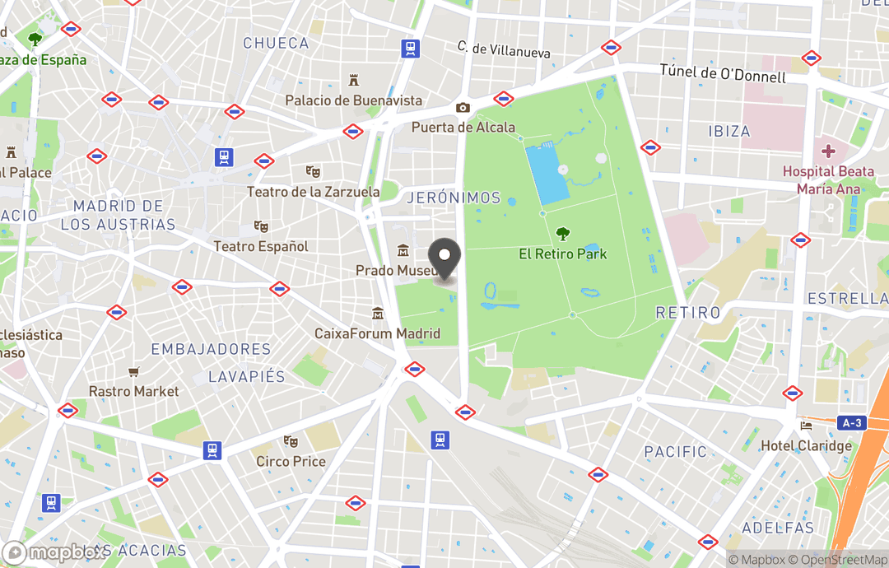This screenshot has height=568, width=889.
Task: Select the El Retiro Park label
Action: (x=563, y=254)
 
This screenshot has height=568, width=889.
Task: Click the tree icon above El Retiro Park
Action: (x=563, y=234)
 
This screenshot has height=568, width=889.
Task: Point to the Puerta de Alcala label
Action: (x=463, y=127)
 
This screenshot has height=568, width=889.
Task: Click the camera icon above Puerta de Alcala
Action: (x=463, y=108)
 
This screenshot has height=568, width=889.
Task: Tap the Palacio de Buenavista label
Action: (x=353, y=100)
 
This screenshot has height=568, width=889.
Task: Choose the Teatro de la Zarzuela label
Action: (x=313, y=192)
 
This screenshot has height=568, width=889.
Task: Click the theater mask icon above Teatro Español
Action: (x=261, y=226)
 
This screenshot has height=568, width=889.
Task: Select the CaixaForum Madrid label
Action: (x=377, y=333)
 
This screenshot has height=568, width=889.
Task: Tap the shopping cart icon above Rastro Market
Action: (x=133, y=372)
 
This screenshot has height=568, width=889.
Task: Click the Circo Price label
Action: (x=291, y=461)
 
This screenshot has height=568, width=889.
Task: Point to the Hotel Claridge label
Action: (x=806, y=445)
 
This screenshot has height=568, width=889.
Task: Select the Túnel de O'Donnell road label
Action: (x=723, y=73)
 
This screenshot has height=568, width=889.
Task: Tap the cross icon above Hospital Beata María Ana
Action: (x=828, y=151)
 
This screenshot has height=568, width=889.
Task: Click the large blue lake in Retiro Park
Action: (x=547, y=173)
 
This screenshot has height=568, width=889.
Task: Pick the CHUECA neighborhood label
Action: (x=276, y=43)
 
